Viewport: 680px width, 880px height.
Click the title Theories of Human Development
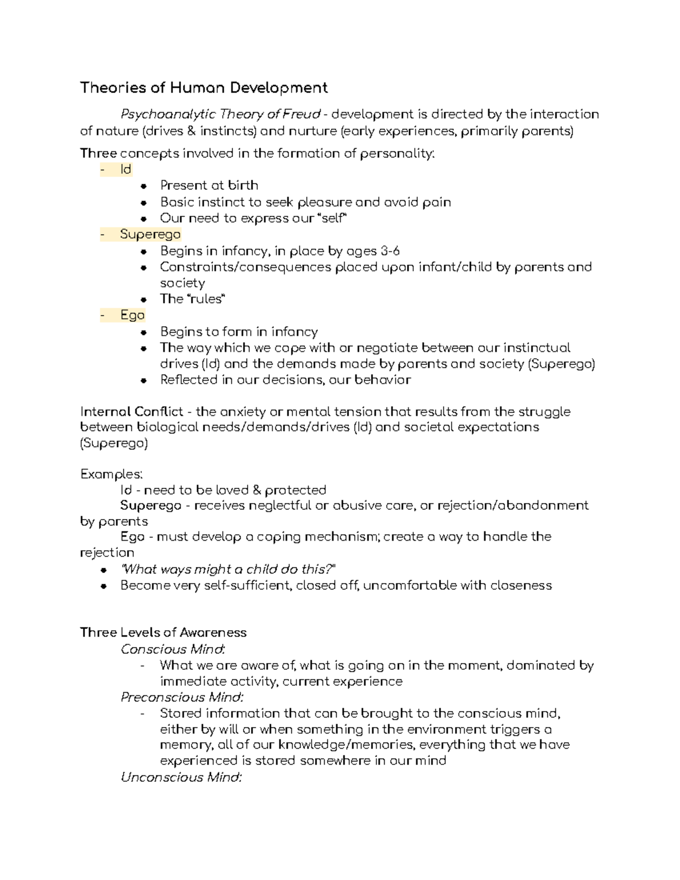pos(203,88)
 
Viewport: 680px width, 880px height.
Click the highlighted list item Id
pos(125,169)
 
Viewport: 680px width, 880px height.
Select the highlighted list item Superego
pos(150,235)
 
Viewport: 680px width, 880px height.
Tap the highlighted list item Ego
pos(133,315)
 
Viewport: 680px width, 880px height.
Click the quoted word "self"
pos(331,218)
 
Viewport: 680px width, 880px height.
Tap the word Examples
pos(112,474)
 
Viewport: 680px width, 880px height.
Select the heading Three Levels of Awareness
pos(163,632)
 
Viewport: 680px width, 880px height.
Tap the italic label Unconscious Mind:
pos(181,777)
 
